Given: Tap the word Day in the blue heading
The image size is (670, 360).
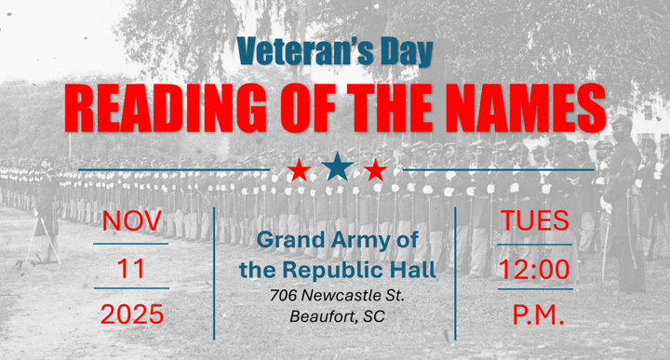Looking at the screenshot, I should click(402, 52).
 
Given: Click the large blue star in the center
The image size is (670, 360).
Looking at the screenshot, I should click(337, 167).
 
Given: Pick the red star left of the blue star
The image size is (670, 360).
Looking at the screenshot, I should click(299, 170).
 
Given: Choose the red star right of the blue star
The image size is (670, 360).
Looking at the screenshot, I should click(375, 170).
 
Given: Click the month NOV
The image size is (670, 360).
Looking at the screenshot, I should click(132, 222).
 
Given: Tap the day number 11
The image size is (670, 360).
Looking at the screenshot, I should click(132, 270).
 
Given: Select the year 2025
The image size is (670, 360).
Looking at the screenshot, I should click(132, 316).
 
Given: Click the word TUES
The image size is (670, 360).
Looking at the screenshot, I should click(534, 222).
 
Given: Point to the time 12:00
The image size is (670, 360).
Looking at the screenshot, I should click(534, 270).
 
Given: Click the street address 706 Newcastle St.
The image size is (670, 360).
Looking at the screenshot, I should click(336, 296).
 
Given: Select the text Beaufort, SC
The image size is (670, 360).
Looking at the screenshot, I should click(336, 316).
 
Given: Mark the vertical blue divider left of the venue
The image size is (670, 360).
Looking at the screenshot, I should click(215, 273).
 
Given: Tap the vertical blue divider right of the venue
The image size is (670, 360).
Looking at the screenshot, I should click(456, 273).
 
